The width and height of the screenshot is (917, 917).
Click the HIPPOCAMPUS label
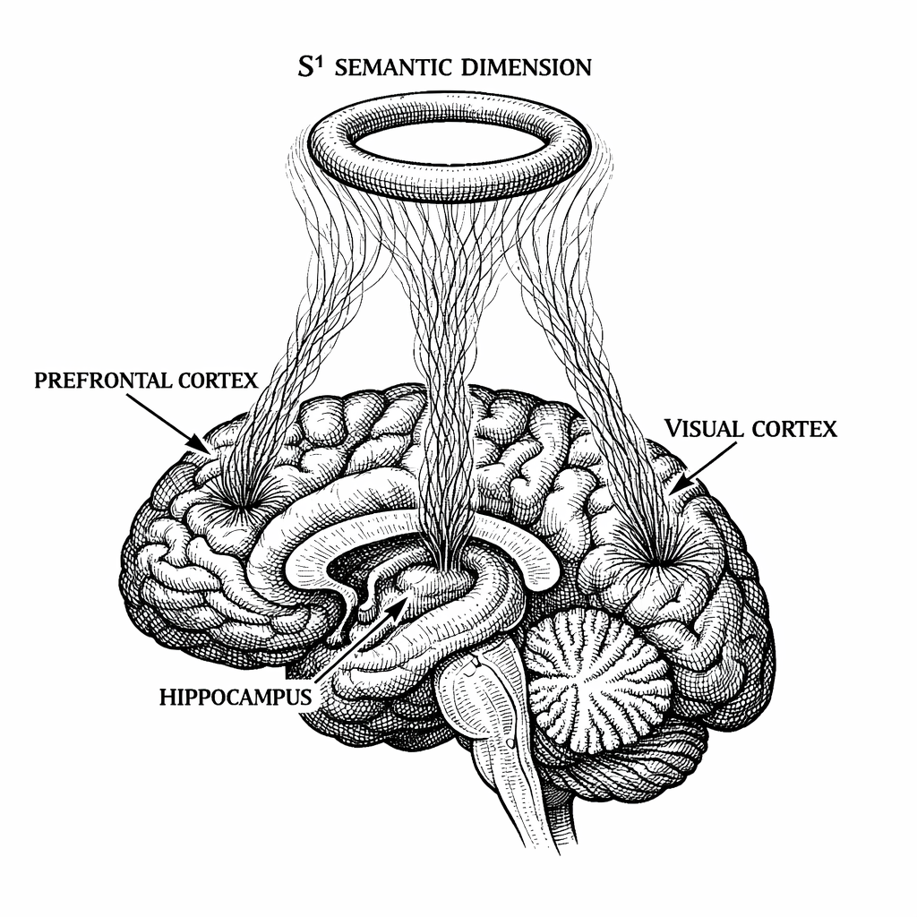[235, 696]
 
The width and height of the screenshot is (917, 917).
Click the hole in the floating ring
[449, 143]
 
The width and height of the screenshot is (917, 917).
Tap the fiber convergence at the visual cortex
[659, 560]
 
